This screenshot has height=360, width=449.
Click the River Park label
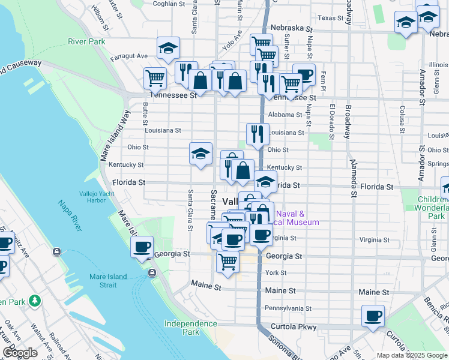(x=86, y=41)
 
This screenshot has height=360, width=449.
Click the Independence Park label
(x=191, y=328)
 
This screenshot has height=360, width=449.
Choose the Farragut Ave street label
(x=133, y=56)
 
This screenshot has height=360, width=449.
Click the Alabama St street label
(x=285, y=115)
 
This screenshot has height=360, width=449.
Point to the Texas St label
(x=331, y=18)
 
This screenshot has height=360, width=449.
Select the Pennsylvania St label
(x=288, y=308)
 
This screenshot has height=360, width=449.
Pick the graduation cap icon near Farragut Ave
(x=168, y=47)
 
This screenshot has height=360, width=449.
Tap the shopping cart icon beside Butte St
(x=155, y=77)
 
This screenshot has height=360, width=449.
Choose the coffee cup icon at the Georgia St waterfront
(x=142, y=247)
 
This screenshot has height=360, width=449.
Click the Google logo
(x=20, y=353)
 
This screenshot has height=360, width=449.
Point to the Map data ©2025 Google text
(x=411, y=355)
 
